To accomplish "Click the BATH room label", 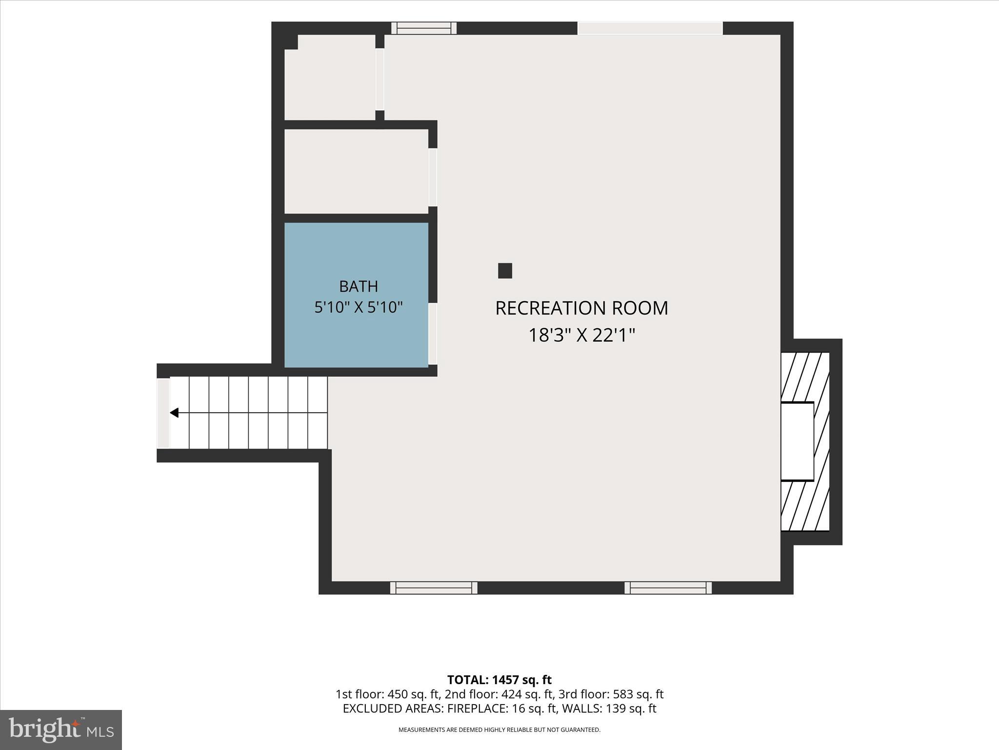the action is point(359,286).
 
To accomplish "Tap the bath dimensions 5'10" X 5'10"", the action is point(359,308).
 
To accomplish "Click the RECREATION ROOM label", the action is point(582,308).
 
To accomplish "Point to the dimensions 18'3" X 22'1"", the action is point(582,335).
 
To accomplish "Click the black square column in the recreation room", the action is point(505,271).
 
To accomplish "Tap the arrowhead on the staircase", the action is point(174,413).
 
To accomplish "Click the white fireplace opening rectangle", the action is point(798,441).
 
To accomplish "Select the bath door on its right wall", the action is point(433,334).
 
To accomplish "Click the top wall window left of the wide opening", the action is point(424,28).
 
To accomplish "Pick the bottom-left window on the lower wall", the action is point(434,588).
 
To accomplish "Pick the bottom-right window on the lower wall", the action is point(668,588).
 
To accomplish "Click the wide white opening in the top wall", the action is point(650,28).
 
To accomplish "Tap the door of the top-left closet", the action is point(380,80).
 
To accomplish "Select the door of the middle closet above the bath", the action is point(433,177).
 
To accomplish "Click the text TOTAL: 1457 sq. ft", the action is point(499,680).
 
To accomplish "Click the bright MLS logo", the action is point(61,729).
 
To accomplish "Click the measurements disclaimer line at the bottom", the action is point(499,730).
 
